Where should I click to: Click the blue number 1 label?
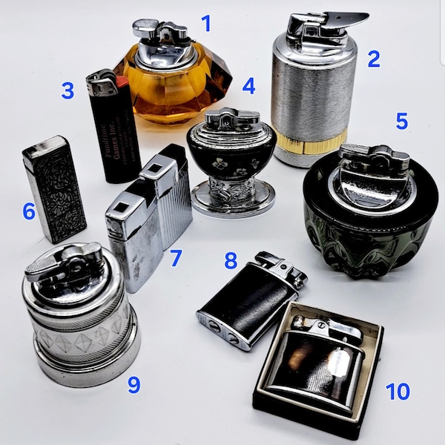(x=205, y=24)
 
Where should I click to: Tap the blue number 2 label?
(x=373, y=59)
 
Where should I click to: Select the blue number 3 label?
(x=67, y=91)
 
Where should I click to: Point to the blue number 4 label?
(x=248, y=86)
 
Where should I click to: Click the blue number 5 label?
(x=401, y=121)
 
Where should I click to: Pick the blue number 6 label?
(x=29, y=211)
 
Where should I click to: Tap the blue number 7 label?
(x=176, y=258)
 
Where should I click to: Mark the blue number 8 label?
(x=231, y=260)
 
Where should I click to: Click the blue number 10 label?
(x=398, y=391)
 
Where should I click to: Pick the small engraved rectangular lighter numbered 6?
(x=54, y=189)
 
